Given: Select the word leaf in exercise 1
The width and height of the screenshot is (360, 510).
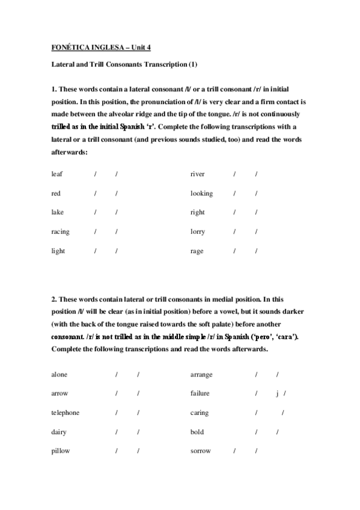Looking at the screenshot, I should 57,174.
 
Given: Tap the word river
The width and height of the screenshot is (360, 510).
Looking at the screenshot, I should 197,174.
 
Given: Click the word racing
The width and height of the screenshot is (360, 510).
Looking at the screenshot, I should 60,232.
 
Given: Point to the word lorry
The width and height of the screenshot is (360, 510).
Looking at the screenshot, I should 198,232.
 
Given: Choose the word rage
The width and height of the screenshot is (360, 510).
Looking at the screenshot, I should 197,251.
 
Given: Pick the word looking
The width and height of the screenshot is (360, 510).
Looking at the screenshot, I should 201,194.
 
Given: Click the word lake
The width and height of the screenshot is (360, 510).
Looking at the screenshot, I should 57,212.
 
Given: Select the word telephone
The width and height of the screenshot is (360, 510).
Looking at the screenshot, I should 65,413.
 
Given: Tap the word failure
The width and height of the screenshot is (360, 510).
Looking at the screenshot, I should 200,393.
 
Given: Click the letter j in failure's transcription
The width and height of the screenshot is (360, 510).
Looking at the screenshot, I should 278,393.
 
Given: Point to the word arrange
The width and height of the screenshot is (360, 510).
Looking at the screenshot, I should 201,374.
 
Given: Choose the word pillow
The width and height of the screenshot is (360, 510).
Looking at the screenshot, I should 60,451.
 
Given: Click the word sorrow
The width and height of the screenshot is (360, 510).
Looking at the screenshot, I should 200,451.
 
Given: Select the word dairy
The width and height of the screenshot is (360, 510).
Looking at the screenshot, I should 59,432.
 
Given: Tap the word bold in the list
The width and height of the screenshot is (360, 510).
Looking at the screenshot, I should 197,432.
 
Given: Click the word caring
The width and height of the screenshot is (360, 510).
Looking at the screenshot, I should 200,413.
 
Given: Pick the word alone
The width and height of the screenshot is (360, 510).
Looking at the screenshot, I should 59,374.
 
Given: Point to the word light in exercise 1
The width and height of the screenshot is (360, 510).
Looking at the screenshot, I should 58,251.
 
